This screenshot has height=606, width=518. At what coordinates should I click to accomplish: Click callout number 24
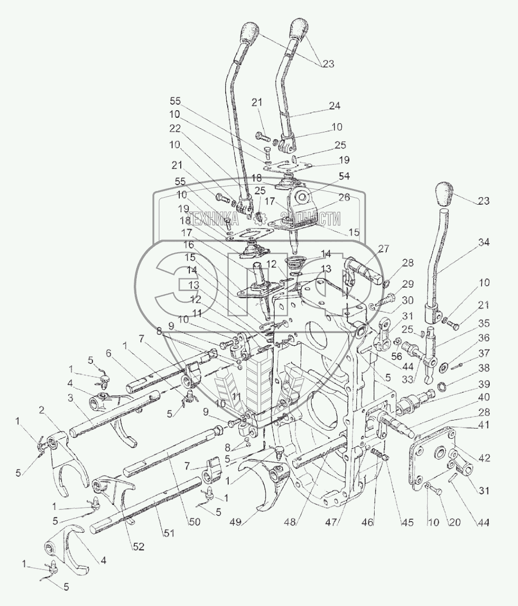tap(334, 106)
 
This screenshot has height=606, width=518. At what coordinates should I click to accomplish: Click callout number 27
tap(383, 249)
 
